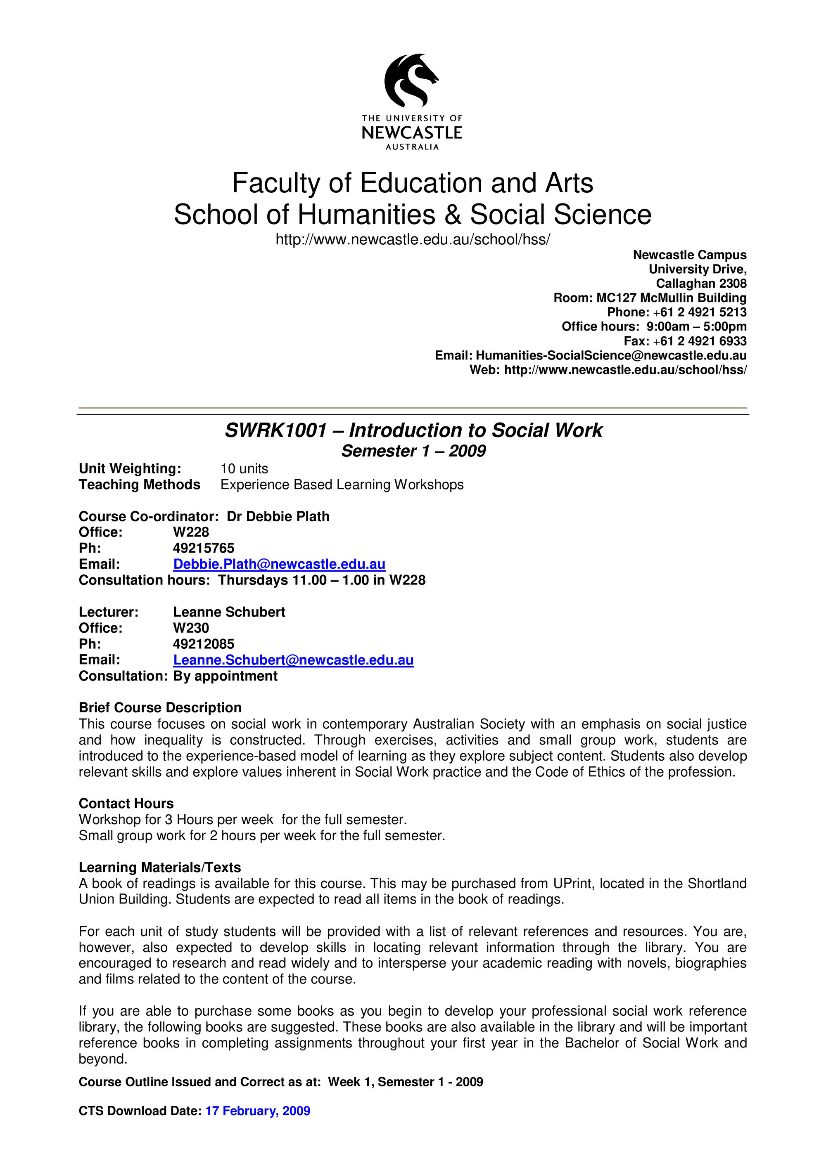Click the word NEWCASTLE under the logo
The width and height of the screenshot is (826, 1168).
coord(412,133)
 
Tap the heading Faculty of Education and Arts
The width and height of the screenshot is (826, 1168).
coord(412,183)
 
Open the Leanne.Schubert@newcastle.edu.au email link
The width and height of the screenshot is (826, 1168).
coord(293,660)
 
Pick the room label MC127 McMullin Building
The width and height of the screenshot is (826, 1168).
coord(671,298)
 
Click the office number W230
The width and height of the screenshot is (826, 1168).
coord(191,628)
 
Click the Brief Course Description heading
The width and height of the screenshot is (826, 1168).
coord(160,708)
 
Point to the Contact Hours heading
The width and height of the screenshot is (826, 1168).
coord(126,803)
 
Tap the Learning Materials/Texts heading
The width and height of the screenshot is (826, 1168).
coord(160,868)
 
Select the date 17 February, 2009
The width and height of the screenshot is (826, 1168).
coord(258,1111)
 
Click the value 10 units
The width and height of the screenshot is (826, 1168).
coord(244,468)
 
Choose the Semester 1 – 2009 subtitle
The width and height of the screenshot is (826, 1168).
coord(413,451)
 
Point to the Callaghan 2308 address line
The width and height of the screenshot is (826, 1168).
coord(701,284)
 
